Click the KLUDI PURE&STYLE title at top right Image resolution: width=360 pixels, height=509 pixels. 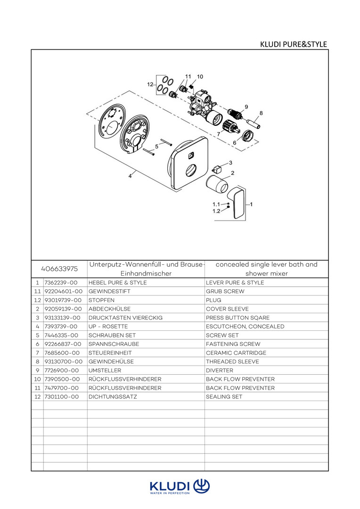click(293, 44)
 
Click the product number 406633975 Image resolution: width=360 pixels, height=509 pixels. click(59, 269)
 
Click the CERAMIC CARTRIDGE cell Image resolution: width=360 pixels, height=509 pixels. click(236, 353)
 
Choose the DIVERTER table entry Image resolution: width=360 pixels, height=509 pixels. click(220, 370)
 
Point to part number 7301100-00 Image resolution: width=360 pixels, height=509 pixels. click(61, 397)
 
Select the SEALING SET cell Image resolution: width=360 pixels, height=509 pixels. click(224, 397)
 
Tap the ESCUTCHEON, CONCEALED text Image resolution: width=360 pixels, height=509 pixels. click(245, 326)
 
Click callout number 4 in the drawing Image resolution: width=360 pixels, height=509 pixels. click(130, 176)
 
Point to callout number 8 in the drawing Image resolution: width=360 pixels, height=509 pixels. click(261, 113)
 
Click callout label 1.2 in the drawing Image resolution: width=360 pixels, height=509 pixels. click(216, 211)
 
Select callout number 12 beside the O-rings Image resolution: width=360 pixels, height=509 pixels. click(150, 84)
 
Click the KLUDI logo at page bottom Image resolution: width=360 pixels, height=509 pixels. click(180, 486)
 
